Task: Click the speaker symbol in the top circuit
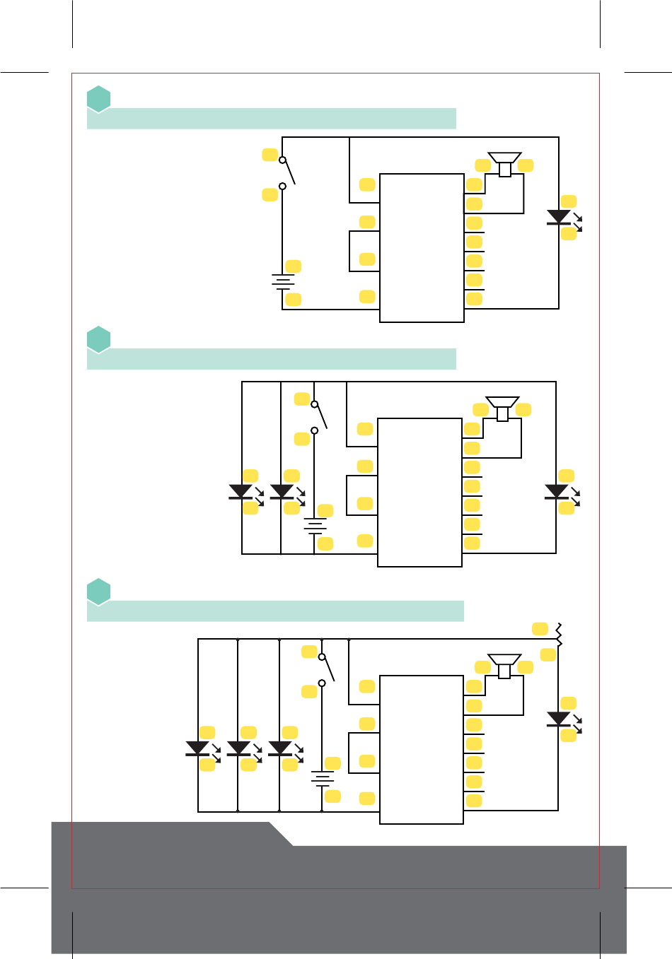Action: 504,163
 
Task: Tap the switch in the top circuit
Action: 286,172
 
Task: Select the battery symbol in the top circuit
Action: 283,282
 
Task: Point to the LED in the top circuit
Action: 559,218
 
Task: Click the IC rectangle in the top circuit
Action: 422,247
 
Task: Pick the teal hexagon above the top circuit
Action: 99,99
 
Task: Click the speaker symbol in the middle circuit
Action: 502,408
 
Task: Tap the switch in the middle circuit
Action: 318,417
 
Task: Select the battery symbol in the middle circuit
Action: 315,526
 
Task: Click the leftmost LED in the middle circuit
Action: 241,492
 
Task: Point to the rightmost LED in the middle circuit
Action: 557,492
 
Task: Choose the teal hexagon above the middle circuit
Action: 99,339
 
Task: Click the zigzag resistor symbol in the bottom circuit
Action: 559,635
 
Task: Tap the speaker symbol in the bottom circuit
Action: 504,665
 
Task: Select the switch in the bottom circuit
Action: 325,669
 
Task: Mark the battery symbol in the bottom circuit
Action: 323,779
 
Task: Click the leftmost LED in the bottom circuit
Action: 197,748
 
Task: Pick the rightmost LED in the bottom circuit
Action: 559,719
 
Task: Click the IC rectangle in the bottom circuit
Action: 422,749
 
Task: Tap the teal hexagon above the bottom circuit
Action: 99,592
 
